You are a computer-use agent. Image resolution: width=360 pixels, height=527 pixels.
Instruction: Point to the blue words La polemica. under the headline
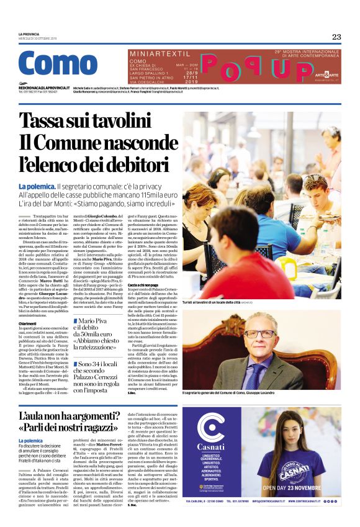[x=36, y=186]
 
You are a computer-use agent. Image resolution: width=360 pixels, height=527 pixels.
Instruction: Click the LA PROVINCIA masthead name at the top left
[x=29, y=34]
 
